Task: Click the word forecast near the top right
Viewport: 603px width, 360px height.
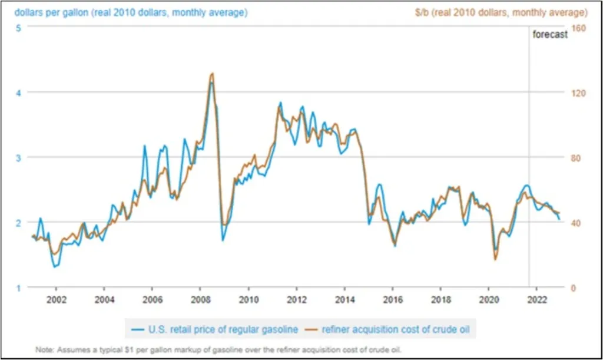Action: tap(550, 35)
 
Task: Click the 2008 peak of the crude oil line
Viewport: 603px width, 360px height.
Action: tap(211, 74)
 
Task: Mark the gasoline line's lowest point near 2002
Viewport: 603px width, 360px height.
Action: tap(54, 267)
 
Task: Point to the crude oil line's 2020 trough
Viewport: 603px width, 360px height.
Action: tap(495, 259)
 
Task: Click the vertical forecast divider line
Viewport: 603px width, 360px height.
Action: tap(529, 177)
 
